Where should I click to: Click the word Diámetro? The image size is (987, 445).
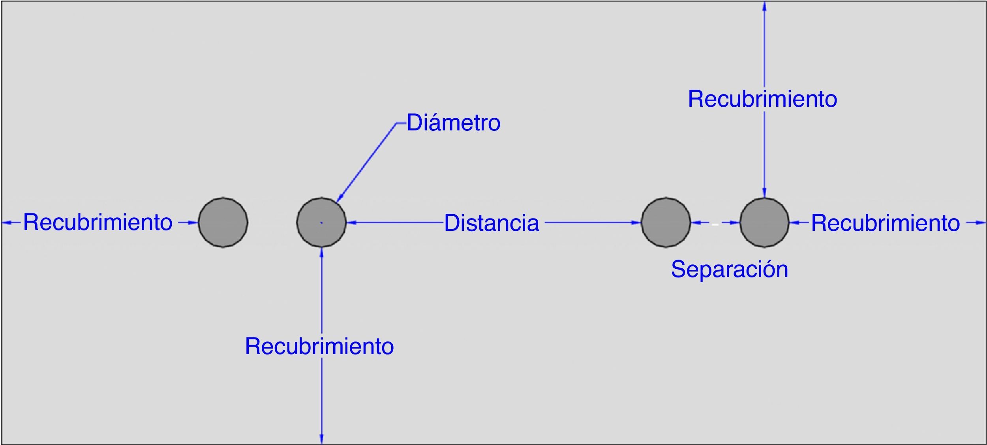tap(453, 123)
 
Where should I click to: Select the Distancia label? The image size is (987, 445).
tap(492, 223)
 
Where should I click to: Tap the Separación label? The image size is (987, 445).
tap(730, 270)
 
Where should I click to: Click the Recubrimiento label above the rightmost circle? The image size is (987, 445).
tap(762, 99)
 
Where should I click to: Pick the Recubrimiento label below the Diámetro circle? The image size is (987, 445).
tap(319, 346)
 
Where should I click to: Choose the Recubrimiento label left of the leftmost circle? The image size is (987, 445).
tap(98, 222)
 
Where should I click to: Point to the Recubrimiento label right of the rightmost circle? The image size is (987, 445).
tap(885, 223)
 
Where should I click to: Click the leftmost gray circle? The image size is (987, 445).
tap(223, 222)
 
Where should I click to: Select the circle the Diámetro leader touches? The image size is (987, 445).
tap(321, 222)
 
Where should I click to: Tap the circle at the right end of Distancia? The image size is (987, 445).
tap(666, 222)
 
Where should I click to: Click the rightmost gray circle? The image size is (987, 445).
tap(764, 222)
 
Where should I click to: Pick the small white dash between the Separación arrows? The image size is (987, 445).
tap(715, 224)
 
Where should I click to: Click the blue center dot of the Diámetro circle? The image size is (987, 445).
tap(321, 223)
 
